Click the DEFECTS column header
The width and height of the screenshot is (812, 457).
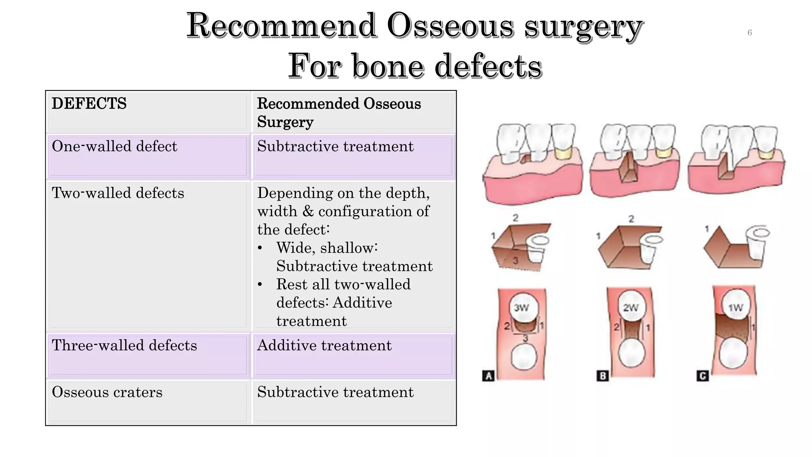pos(89,104)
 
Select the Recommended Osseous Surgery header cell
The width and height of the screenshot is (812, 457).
pos(339,113)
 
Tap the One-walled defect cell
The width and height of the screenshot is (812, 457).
pos(114,146)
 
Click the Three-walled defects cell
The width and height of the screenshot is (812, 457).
pos(124,346)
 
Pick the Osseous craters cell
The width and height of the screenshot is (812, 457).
pos(107,392)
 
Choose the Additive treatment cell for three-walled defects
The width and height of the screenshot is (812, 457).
pos(324,346)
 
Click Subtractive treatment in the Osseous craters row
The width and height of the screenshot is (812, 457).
pos(335,392)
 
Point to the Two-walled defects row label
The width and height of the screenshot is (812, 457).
pos(118,193)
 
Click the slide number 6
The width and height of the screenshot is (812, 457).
pos(749,33)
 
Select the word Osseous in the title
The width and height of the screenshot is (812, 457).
pos(450,26)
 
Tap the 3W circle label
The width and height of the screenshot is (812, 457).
pos(521,307)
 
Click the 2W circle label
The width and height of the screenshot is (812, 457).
pos(630,307)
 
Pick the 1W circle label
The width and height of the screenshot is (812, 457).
pos(736,307)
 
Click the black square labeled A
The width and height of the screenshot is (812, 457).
pos(488,376)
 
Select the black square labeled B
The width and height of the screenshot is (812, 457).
pos(603,376)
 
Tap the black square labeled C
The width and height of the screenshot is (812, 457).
pos(703,376)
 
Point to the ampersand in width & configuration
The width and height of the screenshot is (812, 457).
pos(308,211)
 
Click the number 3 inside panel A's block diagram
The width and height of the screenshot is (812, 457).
pos(515,261)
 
